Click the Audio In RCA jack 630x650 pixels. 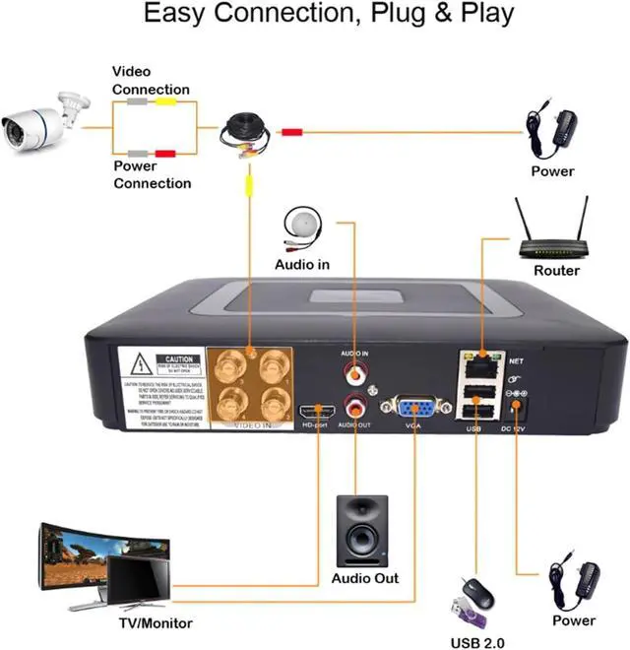353,372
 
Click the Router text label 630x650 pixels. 556,271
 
